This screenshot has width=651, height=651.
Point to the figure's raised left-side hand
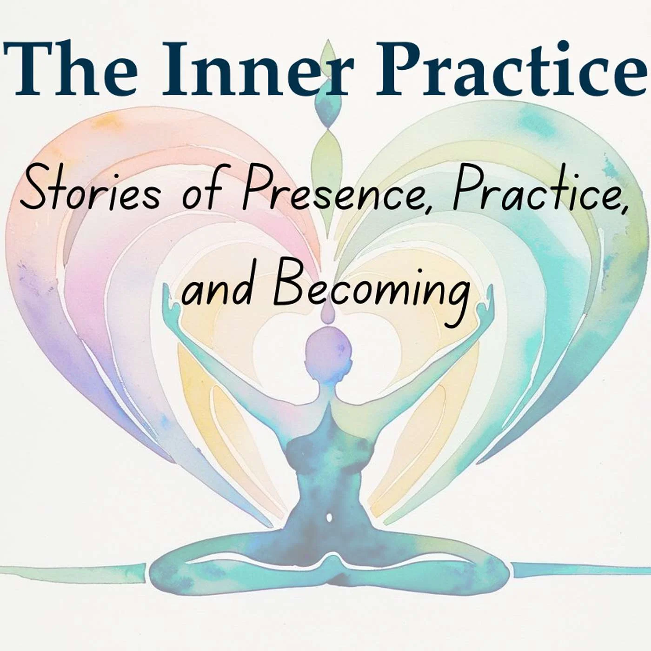[171, 304]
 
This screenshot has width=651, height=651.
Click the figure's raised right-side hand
[485, 304]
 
